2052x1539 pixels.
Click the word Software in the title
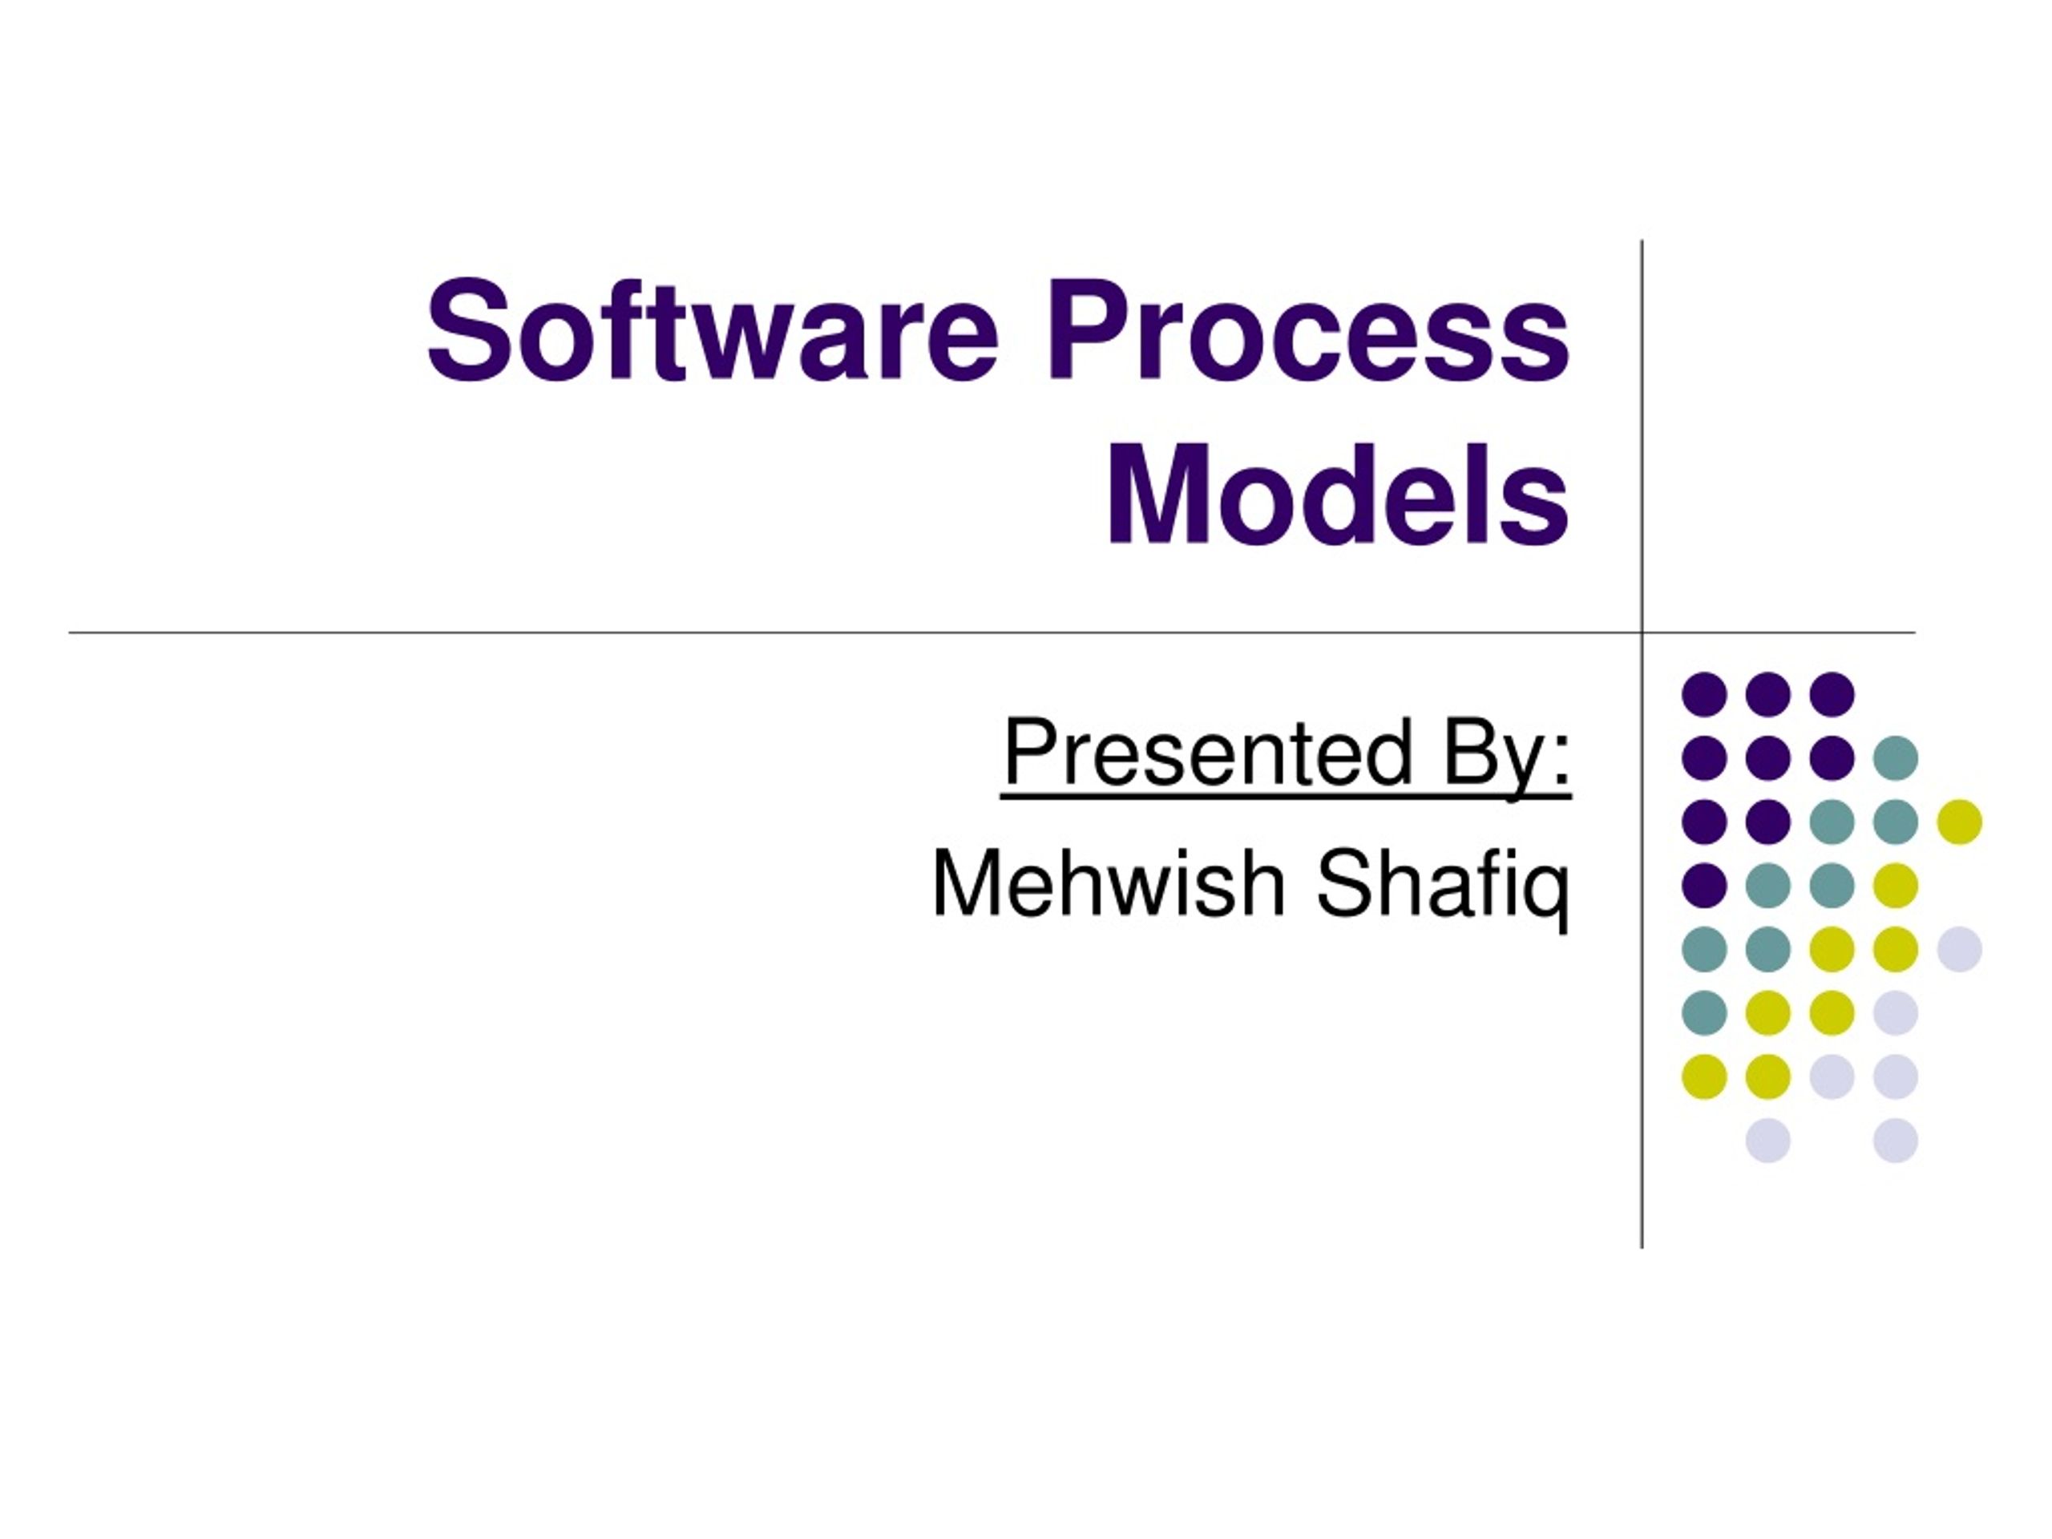click(x=713, y=329)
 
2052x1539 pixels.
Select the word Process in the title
click(x=1309, y=329)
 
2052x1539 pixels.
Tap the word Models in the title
click(x=1338, y=493)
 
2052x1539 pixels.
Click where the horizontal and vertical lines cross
click(x=1642, y=632)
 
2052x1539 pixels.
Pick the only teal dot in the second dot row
click(x=1895, y=758)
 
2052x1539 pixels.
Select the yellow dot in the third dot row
click(x=1959, y=822)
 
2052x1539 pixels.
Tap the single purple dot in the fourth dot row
click(x=1704, y=885)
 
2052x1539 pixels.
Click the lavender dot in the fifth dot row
click(x=1959, y=949)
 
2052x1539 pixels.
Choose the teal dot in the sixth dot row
click(x=1704, y=1013)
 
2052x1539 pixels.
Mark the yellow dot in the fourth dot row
click(x=1895, y=885)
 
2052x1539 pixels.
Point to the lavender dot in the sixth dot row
click(x=1895, y=1013)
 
